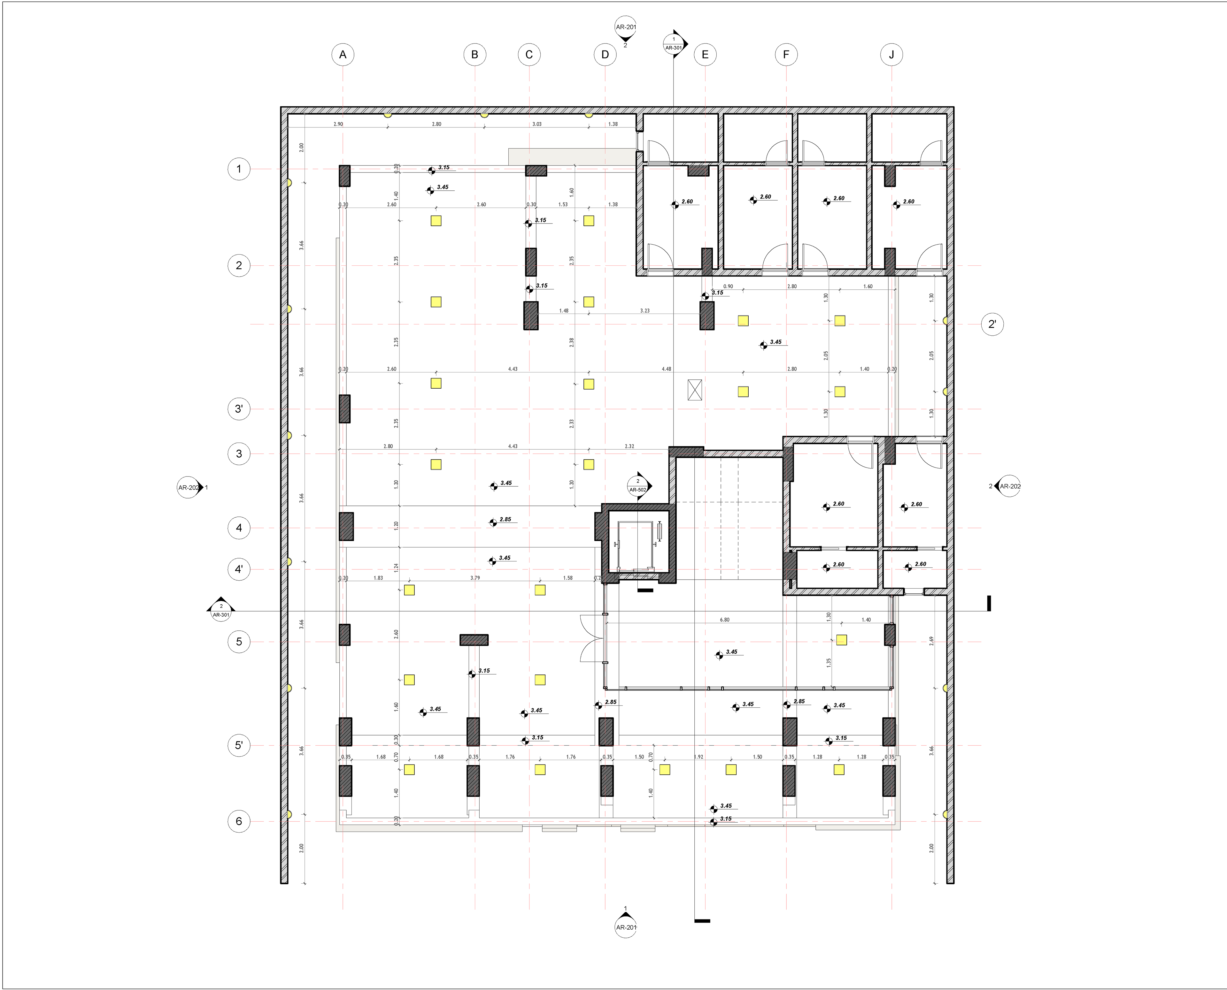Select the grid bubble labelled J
891,55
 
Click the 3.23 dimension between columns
644,311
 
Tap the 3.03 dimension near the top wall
537,124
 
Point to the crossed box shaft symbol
695,390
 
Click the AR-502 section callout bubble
638,485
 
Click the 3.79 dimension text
475,578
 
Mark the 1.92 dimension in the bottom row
699,757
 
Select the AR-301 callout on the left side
221,611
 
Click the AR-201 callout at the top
626,28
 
